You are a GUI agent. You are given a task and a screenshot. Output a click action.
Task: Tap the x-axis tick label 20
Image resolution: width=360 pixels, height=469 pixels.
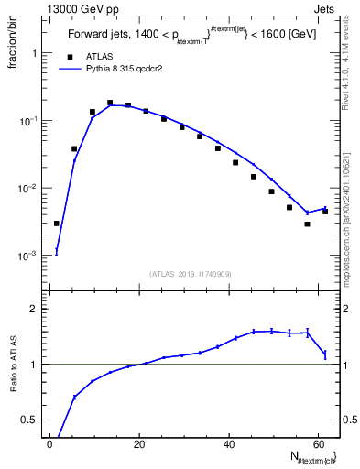coord(138,443)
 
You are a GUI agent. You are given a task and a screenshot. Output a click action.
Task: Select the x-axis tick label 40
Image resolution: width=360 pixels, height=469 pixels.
coord(227,443)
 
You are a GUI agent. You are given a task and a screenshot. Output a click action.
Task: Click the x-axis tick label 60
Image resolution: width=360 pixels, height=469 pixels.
coord(316,443)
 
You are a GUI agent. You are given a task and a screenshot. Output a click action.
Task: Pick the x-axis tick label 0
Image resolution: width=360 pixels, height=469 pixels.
coord(50,443)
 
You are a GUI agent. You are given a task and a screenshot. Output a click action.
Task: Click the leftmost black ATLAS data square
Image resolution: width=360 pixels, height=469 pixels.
coord(57,223)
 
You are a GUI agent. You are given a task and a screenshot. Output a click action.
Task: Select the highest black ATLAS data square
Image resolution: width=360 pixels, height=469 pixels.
coord(110,103)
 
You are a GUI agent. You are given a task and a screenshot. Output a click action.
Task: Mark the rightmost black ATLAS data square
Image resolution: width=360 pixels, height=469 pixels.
coord(324,212)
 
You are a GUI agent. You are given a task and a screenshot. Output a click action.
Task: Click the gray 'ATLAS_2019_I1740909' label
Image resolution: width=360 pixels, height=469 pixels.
coord(191,274)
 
